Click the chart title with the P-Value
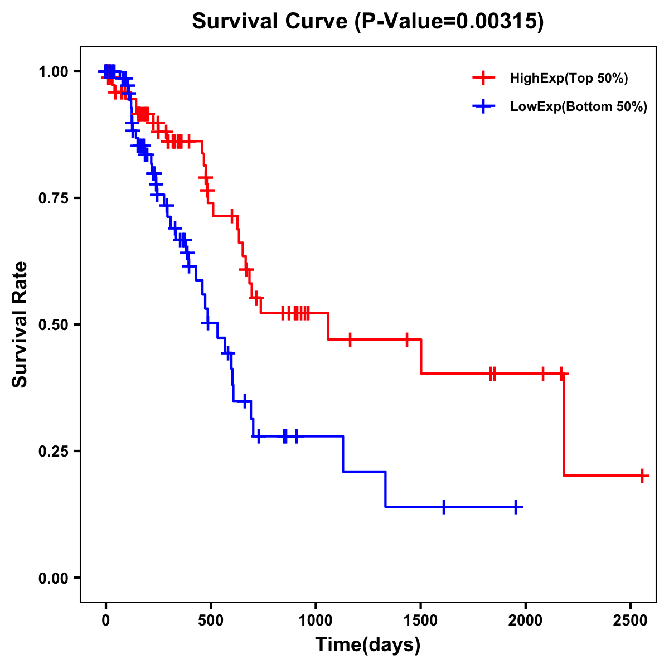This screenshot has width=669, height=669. (x=367, y=22)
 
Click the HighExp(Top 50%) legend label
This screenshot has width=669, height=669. (x=569, y=79)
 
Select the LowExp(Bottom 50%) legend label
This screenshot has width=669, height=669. (x=579, y=107)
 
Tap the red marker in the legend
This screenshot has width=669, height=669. (x=484, y=78)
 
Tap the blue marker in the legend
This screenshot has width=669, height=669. (x=484, y=106)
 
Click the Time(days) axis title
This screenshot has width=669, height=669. (x=368, y=646)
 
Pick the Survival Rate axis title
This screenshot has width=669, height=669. (x=20, y=324)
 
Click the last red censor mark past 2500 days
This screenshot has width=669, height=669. (x=642, y=476)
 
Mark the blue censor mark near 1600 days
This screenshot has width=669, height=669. (x=444, y=507)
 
